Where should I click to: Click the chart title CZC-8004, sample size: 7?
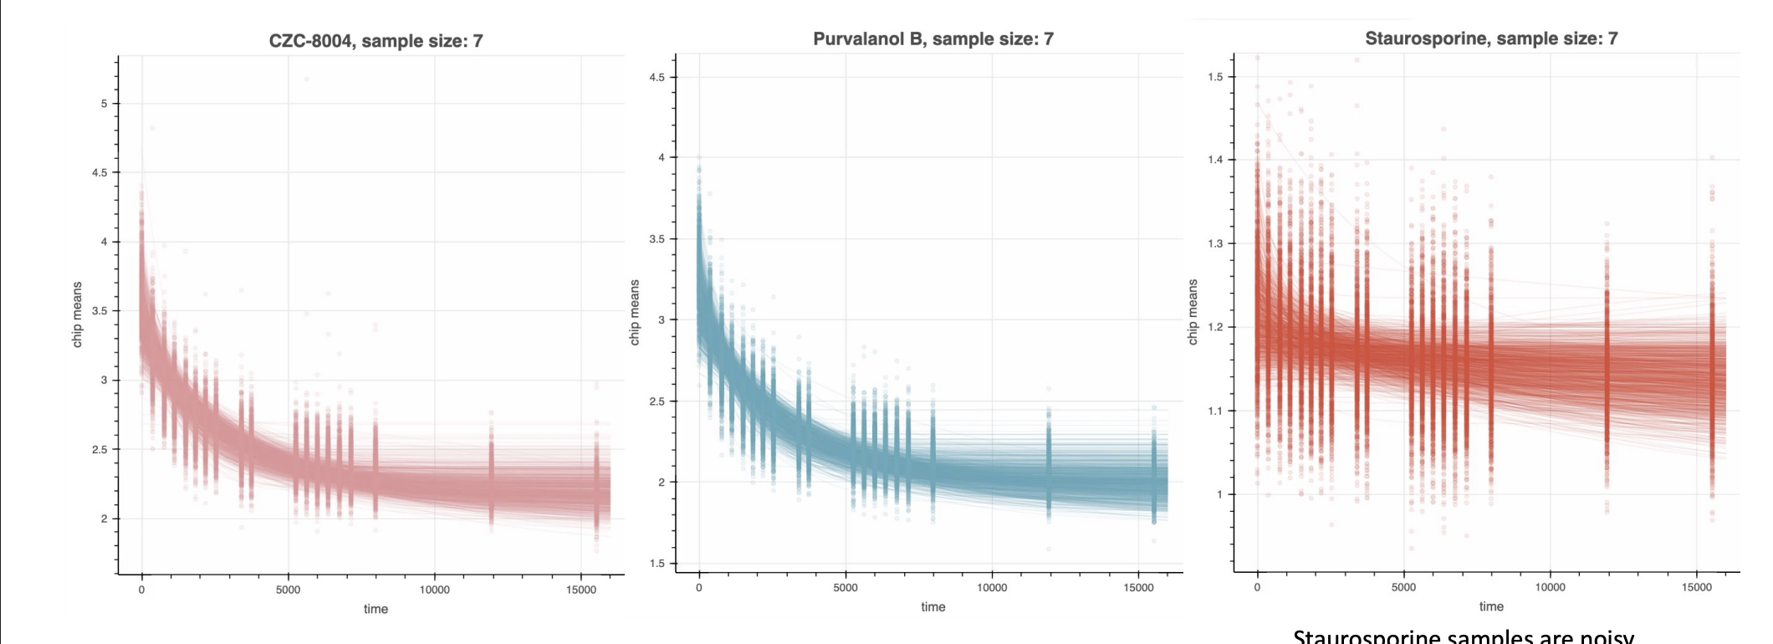[x=376, y=41]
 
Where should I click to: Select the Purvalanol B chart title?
[x=932, y=38]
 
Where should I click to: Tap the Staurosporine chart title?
[x=1490, y=38]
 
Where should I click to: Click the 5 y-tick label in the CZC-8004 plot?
[x=105, y=104]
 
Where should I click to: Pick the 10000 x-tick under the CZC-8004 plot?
[x=434, y=590]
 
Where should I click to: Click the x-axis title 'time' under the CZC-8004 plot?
[x=376, y=609]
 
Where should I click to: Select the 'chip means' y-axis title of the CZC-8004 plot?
[x=78, y=314]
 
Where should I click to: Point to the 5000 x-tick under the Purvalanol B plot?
[x=846, y=588]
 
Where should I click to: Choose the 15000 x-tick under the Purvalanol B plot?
[x=1138, y=588]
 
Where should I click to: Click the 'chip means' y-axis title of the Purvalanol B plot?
[x=635, y=312]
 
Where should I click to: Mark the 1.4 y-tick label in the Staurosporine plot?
[x=1214, y=160]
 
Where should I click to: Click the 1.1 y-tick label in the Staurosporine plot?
[x=1214, y=411]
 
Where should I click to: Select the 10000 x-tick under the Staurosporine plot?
[x=1550, y=587]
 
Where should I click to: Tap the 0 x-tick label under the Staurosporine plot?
[x=1257, y=587]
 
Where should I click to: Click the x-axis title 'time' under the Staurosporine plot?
[x=1491, y=606]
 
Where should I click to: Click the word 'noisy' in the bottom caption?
[x=1602, y=637]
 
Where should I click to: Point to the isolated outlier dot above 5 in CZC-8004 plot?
[x=306, y=79]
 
